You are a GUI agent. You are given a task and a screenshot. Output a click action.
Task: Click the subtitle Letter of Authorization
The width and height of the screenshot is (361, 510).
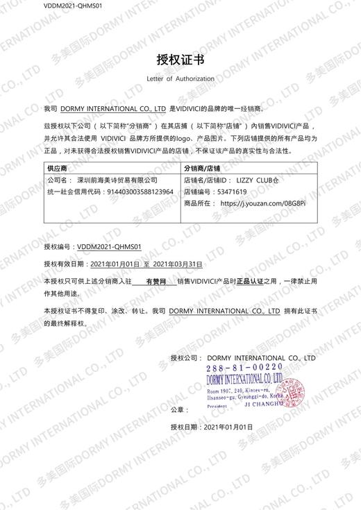180,79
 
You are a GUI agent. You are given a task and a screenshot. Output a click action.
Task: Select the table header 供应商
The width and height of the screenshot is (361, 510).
57,169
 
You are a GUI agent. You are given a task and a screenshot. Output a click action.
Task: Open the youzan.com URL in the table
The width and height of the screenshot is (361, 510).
262,203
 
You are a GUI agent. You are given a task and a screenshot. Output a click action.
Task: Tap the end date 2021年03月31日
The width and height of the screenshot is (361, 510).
177,264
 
